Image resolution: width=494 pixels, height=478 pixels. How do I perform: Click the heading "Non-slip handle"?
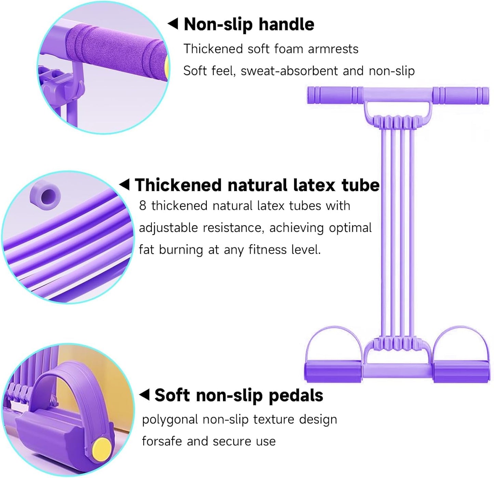[249, 25]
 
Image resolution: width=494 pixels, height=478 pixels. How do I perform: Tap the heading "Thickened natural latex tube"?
[257, 185]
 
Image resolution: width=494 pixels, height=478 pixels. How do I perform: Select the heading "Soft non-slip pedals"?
[239, 395]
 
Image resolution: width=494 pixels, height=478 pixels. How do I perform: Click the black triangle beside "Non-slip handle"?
[173, 24]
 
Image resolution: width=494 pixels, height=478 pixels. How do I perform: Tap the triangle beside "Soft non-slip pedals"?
[144, 395]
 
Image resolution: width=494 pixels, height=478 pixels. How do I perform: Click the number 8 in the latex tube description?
[143, 205]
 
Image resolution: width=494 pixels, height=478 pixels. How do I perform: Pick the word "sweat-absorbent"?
[289, 71]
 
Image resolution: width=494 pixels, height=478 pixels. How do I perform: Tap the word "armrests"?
[333, 49]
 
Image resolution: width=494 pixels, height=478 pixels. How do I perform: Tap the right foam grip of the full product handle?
[461, 95]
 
